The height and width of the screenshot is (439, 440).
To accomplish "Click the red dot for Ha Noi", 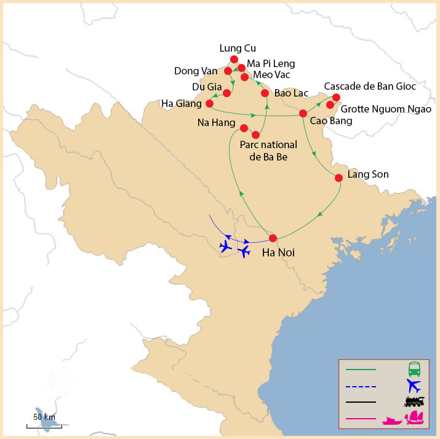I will tap(273, 238).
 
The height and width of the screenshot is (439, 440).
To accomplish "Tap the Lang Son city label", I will tap(368, 174).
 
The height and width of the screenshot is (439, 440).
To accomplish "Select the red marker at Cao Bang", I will tap(303, 114).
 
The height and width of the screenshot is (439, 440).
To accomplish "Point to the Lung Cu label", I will tap(237, 48).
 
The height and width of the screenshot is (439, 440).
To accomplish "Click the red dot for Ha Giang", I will tap(209, 103).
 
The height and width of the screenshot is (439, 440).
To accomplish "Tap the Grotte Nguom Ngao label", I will tap(385, 109).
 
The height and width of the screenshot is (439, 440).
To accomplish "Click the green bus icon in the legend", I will tap(415, 370).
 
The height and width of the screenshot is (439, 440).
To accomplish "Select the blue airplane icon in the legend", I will tap(414, 386).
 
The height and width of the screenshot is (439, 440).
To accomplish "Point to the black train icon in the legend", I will tap(414, 402).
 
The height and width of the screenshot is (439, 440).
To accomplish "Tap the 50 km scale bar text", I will tap(44, 417).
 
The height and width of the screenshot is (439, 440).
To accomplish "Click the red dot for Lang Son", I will tap(338, 178).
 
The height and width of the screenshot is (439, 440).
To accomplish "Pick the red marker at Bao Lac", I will tap(265, 93).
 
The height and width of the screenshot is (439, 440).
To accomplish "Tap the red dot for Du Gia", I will tap(226, 93).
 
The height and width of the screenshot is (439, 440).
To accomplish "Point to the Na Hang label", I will tap(216, 123).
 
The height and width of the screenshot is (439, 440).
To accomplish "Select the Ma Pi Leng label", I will tap(271, 63).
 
